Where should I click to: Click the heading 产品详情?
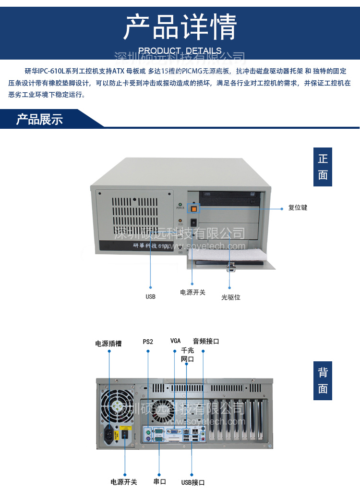pos(180,27)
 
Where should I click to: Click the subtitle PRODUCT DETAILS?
pos(180,50)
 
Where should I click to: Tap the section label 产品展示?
pos(39,119)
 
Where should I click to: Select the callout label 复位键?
pos(298,208)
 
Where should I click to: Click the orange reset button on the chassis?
pos(194,209)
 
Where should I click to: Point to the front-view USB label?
pos(150,296)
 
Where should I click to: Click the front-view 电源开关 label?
pos(192,292)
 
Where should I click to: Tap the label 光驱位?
pos(231,297)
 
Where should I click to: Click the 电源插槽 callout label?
pos(108,344)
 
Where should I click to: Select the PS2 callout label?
pos(148,342)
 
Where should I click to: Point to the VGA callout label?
pos(175,341)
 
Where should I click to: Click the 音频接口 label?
pos(206,341)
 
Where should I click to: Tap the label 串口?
pos(159,481)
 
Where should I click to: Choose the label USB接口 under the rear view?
pos(193,482)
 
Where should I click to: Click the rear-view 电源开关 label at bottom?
pos(124,482)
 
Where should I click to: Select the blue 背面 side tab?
pos(323,381)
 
